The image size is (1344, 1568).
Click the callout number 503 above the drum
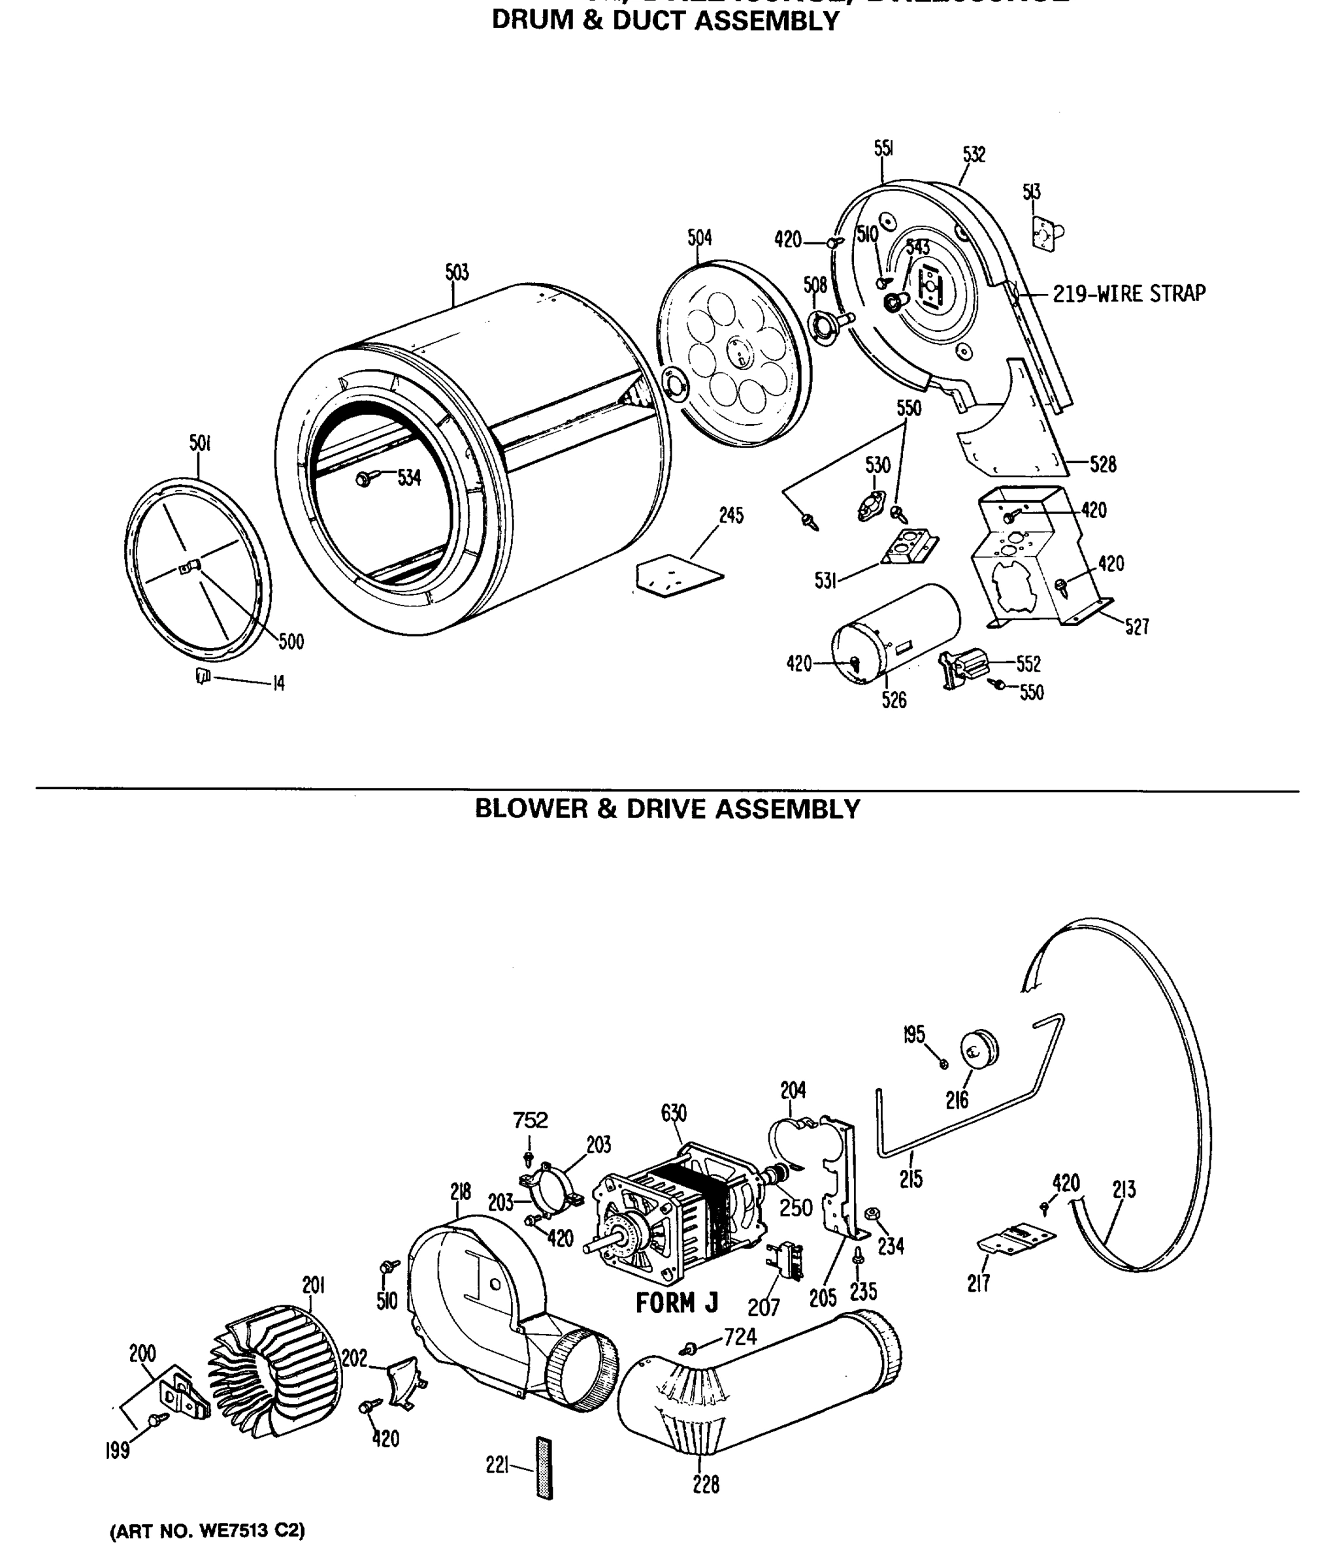point(457,272)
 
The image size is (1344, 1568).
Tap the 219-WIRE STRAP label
point(1129,293)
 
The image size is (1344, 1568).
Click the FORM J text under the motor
point(676,1303)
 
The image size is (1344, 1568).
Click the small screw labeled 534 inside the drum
point(365,478)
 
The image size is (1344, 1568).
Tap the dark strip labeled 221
point(544,1468)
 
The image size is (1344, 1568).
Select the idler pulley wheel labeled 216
point(980,1048)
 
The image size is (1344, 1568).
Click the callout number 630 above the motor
point(674,1113)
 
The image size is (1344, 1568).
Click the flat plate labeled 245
point(678,576)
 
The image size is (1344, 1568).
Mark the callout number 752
point(530,1119)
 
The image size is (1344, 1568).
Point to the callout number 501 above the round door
point(199,444)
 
